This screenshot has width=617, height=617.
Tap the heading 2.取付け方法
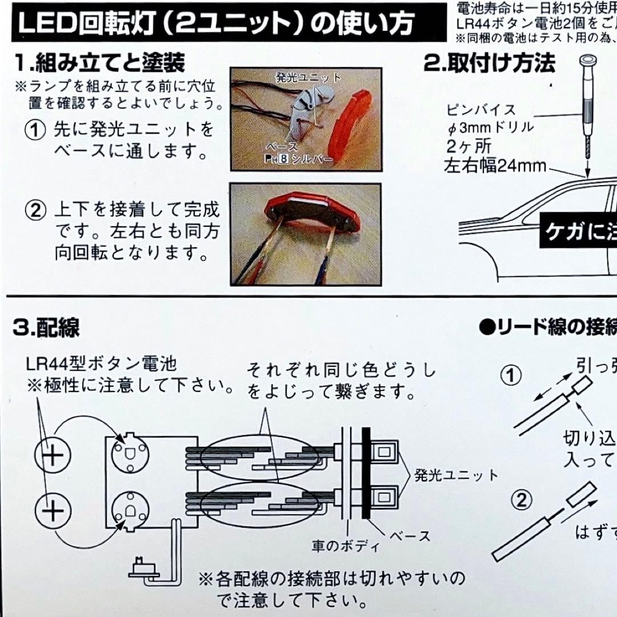coord(489,63)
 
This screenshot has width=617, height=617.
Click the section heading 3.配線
coord(46,327)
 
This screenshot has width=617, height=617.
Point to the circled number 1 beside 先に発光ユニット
coord(35,130)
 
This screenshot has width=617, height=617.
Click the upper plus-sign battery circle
coord(52,455)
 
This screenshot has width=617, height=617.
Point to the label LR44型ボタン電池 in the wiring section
coord(101,363)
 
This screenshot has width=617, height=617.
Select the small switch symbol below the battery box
coord(139,569)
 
